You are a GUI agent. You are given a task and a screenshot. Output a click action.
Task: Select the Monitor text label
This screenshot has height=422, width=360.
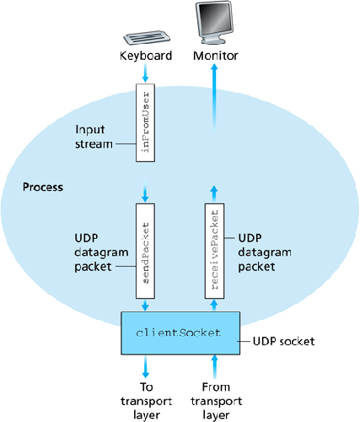coord(216,57)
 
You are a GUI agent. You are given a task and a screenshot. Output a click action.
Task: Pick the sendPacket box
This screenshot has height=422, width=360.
coord(148,249)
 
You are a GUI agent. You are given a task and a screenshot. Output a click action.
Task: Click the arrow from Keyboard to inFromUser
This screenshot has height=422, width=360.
coord(148,75)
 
